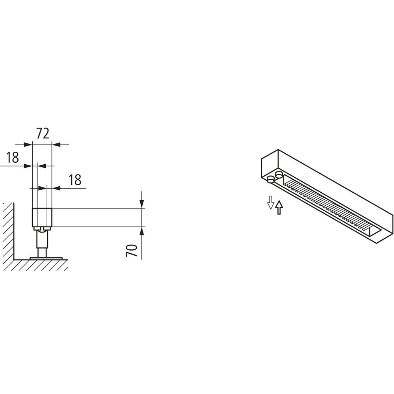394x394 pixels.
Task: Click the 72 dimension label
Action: click(43, 134)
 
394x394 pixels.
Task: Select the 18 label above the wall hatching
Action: click(12, 157)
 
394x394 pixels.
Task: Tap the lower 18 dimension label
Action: click(75, 180)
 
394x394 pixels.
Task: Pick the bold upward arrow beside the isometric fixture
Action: click(279, 208)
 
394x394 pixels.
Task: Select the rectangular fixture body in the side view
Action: click(42, 217)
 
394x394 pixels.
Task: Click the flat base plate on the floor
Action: click(46, 258)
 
